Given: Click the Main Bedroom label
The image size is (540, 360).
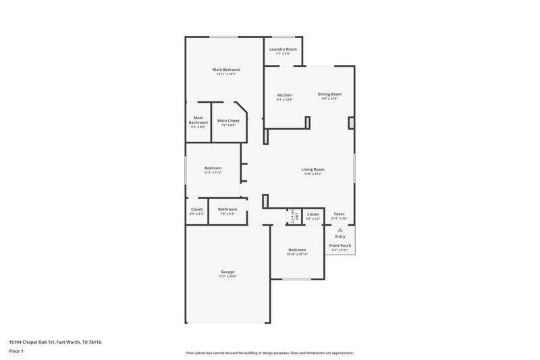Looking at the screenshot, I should (x=226, y=70).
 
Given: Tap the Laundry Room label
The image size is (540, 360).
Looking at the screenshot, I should (x=283, y=49).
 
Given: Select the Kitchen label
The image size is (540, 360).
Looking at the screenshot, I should (x=285, y=95).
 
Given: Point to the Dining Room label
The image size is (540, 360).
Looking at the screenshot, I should (x=330, y=94).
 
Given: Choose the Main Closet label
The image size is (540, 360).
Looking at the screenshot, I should (x=228, y=121).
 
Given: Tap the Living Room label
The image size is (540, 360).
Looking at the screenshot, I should (x=313, y=170).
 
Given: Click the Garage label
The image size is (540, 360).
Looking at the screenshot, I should (x=227, y=272).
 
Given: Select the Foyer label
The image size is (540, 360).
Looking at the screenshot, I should (x=340, y=214).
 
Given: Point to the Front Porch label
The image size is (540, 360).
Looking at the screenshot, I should (x=340, y=245).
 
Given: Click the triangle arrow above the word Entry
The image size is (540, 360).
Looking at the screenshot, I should (x=340, y=230).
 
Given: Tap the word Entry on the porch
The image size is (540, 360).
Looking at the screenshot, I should (x=340, y=236).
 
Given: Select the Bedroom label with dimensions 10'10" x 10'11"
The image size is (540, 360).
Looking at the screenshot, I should (x=298, y=250).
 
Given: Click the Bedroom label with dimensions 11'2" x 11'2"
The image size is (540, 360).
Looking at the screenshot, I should (x=213, y=168).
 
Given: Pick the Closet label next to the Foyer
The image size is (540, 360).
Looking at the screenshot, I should (x=313, y=214).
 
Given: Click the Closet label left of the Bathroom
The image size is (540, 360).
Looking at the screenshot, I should (x=197, y=209).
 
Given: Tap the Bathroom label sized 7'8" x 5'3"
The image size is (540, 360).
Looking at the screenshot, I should (x=227, y=209).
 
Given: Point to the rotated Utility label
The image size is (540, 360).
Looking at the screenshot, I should (x=296, y=215).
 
